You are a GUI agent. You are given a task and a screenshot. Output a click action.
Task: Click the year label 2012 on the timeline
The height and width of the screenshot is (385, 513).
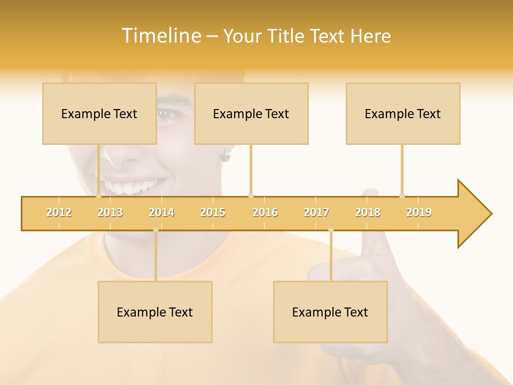59,212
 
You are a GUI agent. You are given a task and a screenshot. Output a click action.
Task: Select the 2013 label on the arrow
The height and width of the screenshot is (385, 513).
110,212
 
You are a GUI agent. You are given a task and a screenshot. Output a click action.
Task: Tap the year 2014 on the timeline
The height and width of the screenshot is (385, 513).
161,212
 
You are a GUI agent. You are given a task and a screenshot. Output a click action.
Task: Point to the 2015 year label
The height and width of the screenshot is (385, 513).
213,212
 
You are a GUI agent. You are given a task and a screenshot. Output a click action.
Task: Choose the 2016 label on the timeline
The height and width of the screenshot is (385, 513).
265,212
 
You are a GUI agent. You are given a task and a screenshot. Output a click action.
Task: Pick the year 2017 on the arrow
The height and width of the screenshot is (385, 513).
316,212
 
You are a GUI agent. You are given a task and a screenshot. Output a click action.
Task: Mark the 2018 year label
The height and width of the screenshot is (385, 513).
368,212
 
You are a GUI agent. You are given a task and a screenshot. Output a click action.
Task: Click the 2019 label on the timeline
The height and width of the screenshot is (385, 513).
419,212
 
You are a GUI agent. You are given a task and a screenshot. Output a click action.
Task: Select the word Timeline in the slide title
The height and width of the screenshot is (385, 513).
160,36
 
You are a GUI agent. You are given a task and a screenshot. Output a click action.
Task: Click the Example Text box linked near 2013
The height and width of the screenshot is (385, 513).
99,113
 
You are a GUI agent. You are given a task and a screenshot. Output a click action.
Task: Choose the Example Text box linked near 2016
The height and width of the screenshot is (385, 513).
251,113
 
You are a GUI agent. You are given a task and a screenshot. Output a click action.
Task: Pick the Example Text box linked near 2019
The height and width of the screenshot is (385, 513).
403,113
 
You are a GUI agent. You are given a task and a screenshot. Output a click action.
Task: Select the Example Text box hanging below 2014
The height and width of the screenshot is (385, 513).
155,312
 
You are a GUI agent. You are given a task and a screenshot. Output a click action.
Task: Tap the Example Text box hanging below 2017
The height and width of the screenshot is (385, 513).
330,312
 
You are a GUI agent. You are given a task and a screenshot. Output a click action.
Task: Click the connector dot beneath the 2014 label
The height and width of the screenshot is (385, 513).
156,230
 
